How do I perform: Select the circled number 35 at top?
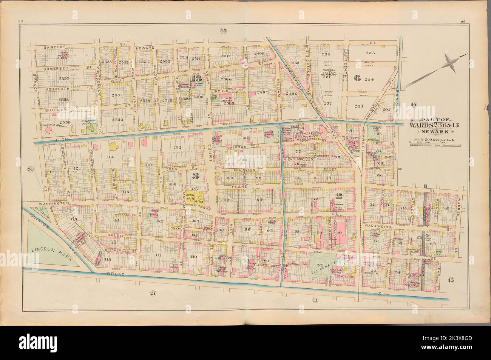point(223,31)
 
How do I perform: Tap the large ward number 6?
point(356,78)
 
